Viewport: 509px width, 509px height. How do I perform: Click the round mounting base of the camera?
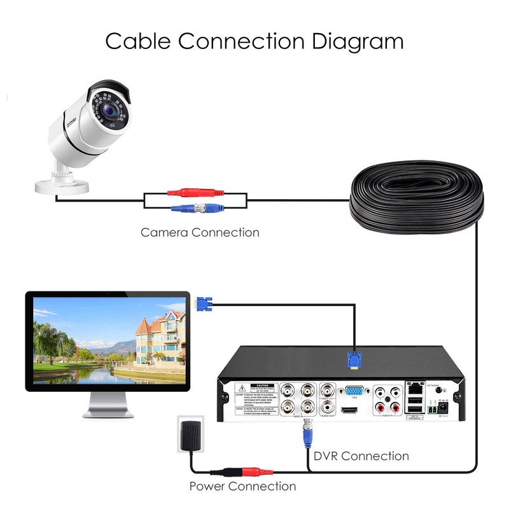pos(62,184)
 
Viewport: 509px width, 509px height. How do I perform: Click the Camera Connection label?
pos(200,232)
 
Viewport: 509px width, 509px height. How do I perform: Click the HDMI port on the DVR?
pos(349,411)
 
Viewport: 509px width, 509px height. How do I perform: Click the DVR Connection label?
pos(361,456)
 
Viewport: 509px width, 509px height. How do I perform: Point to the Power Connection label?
pos(242,487)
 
